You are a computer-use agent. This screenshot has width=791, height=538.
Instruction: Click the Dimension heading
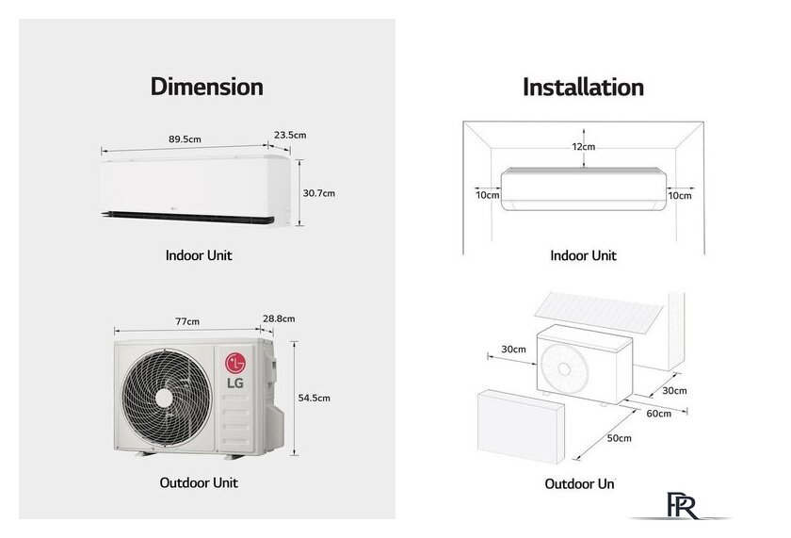coord(206,87)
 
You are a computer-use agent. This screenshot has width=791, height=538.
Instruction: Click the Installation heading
coord(583,88)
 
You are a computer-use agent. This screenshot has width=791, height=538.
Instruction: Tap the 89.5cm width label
coord(185,139)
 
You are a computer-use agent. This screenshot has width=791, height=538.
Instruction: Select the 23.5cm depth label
coord(290,135)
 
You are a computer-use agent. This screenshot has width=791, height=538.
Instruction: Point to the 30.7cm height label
coord(319,193)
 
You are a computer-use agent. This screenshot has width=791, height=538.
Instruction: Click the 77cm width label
coord(187,321)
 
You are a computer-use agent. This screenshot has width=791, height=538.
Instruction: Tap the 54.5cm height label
coord(314,398)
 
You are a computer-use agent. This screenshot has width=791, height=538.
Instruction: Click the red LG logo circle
coord(234,363)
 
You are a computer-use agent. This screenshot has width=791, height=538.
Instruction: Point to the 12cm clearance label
coord(583,147)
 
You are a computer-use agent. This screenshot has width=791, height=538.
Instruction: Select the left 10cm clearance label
coord(487,195)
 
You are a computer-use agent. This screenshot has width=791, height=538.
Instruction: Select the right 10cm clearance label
coord(679,195)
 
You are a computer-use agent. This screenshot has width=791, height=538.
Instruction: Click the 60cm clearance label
coord(659,413)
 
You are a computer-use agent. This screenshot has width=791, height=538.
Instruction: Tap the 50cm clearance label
coord(619,438)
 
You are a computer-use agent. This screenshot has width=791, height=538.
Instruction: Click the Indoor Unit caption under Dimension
coord(199,255)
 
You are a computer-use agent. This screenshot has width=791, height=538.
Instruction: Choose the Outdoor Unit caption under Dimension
coord(199,482)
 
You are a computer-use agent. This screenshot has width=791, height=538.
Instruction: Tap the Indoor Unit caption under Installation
coord(583,255)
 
